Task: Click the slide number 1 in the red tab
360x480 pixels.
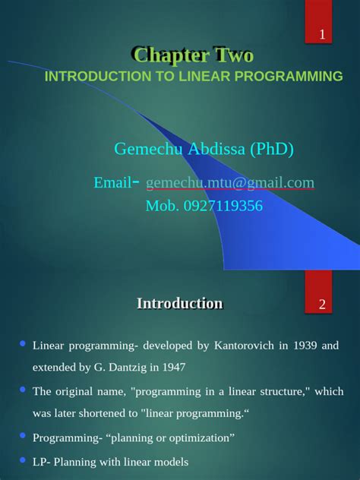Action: pyautogui.click(x=322, y=35)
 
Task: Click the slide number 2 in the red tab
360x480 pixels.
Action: pyautogui.click(x=322, y=305)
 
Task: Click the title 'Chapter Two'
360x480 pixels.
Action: pyautogui.click(x=192, y=55)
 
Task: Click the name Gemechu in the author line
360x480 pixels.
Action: pyautogui.click(x=146, y=149)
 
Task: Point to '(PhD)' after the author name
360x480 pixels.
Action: pyautogui.click(x=271, y=149)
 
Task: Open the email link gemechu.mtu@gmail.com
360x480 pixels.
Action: pyautogui.click(x=229, y=183)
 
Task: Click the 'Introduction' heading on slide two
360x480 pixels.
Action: pyautogui.click(x=179, y=304)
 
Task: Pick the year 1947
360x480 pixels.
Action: pyautogui.click(x=172, y=368)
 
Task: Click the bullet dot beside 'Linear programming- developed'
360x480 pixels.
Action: pyautogui.click(x=22, y=344)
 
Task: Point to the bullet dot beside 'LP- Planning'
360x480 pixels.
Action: pyautogui.click(x=22, y=459)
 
